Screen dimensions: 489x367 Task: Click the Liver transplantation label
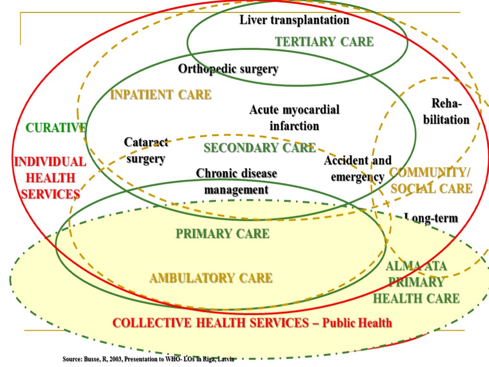pos(294,20)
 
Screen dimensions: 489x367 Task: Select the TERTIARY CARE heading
pos(324,42)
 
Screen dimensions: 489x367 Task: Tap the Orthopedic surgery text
pos(228,69)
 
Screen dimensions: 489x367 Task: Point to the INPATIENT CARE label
pos(160,95)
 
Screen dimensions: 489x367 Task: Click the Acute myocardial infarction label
pos(294,118)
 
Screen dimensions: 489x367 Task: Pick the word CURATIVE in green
pos(56,128)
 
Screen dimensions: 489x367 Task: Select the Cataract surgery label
pos(146,150)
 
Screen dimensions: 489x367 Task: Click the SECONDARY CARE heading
pos(259,148)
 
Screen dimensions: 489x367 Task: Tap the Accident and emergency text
pos(357,168)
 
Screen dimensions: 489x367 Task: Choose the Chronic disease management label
pos(236,181)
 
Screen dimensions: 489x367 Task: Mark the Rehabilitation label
pos(446,111)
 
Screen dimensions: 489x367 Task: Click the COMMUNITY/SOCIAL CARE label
pos(431,180)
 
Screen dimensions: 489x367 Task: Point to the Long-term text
pos(431,219)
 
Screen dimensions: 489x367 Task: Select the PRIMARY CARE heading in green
pos(223,234)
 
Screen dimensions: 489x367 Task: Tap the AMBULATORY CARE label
pos(211,278)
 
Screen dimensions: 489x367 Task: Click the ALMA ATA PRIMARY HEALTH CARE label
pos(416,282)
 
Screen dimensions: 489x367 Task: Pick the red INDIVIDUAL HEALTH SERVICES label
pos(50,178)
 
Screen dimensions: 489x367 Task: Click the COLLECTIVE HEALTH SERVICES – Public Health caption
pos(252,323)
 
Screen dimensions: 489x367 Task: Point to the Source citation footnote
pos(148,358)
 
